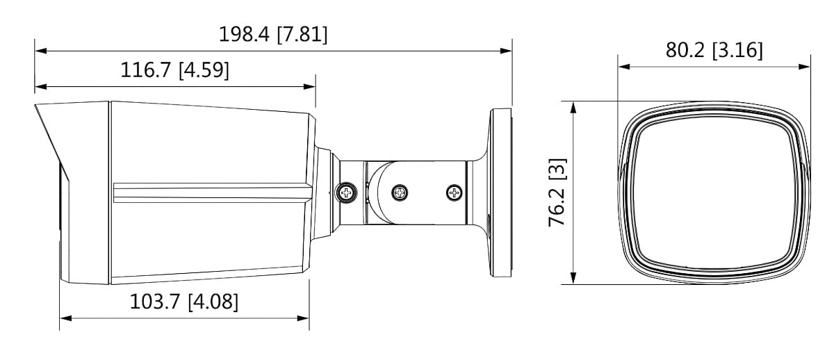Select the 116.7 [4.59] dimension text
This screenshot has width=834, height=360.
click(x=175, y=70)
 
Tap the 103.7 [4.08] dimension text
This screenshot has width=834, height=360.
click(x=184, y=302)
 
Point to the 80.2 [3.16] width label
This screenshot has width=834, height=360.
click(x=714, y=51)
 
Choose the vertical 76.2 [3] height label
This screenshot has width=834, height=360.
click(x=557, y=193)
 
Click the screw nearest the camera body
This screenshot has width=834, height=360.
click(x=345, y=191)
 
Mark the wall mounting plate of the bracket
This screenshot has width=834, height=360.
click(x=502, y=193)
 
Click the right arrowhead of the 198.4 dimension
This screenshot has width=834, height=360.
click(x=507, y=51)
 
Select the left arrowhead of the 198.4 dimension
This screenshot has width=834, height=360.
click(x=40, y=51)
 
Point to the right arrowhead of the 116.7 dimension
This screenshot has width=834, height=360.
click(x=311, y=87)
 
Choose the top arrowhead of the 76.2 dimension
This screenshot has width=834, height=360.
click(x=573, y=106)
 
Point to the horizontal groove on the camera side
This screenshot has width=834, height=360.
click(x=208, y=193)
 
